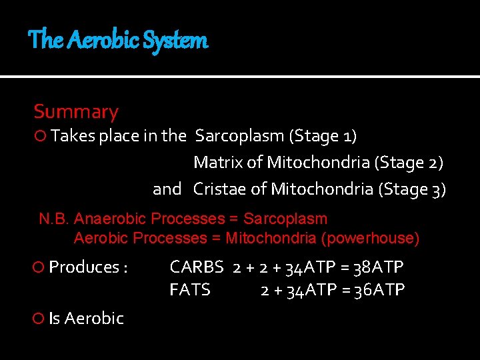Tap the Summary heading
coord(76,112)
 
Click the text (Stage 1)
coord(323,137)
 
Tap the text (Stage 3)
coord(412,189)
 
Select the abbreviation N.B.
coord(54,219)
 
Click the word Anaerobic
coord(111,219)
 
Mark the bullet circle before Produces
coord(39,267)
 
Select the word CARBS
coord(197,267)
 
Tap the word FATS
coord(190,290)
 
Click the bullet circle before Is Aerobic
coord(39,319)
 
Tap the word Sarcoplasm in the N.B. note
coord(285,219)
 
